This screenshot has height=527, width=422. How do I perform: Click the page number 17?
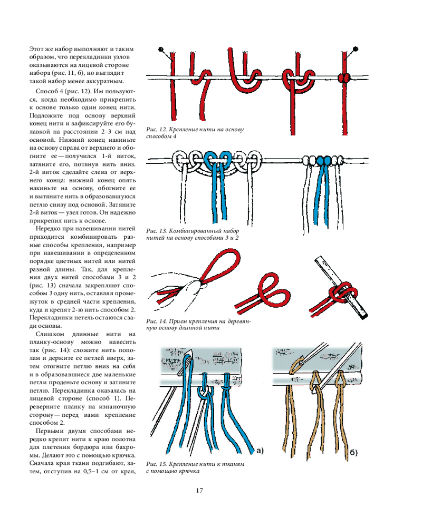tap(200, 491)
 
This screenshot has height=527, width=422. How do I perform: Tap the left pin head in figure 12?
tap(161, 50)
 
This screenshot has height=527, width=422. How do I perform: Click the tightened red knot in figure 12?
tap(343, 78)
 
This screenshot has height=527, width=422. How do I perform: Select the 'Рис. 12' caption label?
tap(154, 129)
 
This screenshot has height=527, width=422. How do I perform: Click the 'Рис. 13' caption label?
tap(154, 231)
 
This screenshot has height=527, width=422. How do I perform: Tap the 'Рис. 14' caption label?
tap(154, 321)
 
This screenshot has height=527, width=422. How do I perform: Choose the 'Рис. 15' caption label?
tap(154, 464)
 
